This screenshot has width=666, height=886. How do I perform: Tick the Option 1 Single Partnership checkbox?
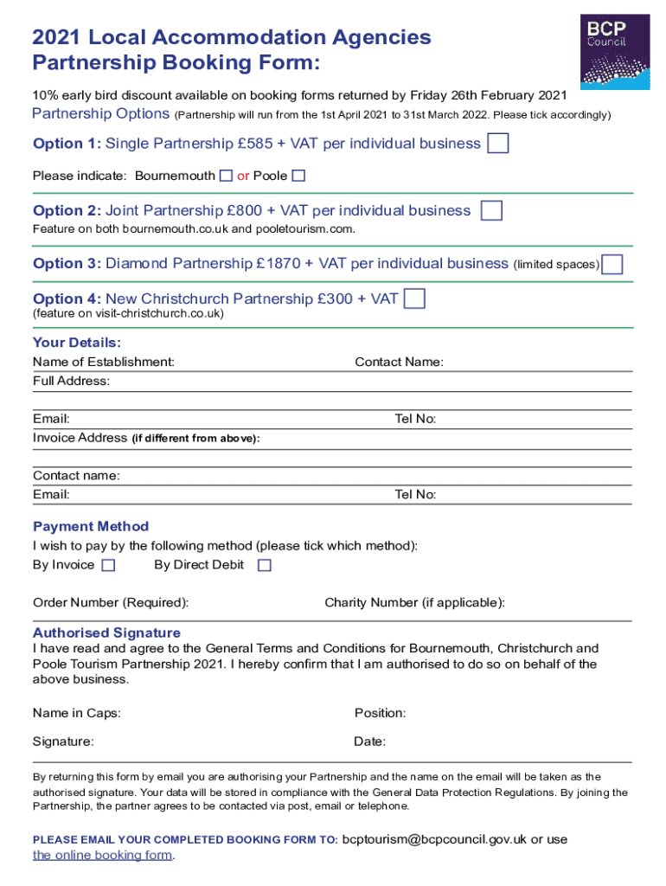coord(497,144)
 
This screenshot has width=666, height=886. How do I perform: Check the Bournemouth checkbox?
coord(226,176)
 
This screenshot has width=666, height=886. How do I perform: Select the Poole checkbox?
coord(298,176)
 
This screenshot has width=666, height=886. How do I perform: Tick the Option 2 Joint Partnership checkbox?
coord(491,211)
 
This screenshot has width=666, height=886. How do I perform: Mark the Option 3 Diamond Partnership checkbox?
coord(612,264)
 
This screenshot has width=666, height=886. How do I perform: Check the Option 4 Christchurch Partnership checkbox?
coord(415,299)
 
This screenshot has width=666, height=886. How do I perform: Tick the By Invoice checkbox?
coord(108,566)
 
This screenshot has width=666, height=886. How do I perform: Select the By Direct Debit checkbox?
coord(265,566)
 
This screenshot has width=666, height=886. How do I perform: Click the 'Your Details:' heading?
coord(77,343)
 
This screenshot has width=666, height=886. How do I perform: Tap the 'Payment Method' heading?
coord(91,526)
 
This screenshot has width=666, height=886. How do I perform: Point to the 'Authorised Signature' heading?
coord(106,632)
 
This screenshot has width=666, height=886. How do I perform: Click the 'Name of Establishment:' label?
coord(103,362)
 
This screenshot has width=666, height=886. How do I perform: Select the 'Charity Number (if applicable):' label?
coord(414,602)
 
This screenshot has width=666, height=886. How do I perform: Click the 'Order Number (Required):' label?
coord(111,602)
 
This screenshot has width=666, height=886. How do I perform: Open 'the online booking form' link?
coord(103,855)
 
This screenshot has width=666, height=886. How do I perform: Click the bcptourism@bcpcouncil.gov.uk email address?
coord(434,839)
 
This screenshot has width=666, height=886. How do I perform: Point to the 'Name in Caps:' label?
coord(77,713)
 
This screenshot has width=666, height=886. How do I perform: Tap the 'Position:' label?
coord(380,713)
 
